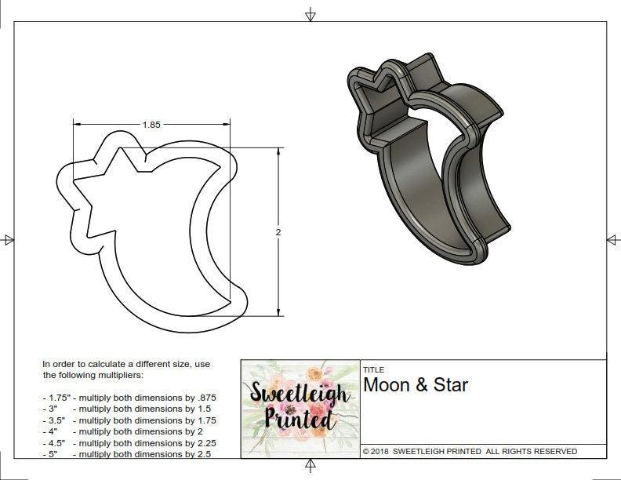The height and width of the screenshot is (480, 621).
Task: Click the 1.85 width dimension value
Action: (152, 124)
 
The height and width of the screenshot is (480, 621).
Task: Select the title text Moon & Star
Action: (416, 385)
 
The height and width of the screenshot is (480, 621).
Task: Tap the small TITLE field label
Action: (373, 369)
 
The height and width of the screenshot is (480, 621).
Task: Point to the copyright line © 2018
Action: (470, 451)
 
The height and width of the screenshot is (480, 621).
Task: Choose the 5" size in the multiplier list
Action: (53, 453)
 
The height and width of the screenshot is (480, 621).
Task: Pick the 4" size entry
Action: (53, 431)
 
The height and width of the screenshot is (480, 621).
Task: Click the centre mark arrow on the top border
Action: (310, 14)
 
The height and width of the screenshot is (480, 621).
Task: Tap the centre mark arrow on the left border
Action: (8, 239)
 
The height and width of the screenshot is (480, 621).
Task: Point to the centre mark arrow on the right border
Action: (613, 239)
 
